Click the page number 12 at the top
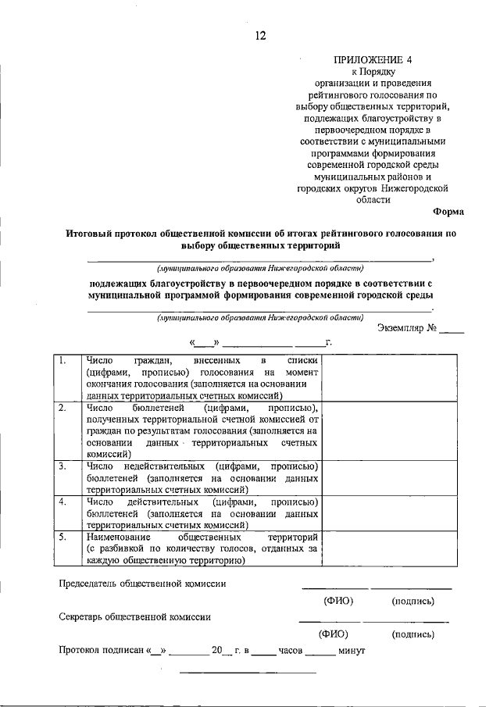point(261,35)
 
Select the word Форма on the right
point(448,212)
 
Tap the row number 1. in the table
point(62,361)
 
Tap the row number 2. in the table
point(62,408)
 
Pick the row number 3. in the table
point(62,466)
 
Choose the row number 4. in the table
point(62,502)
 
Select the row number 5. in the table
point(62,537)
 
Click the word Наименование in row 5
point(118,537)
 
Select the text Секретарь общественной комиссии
point(135,616)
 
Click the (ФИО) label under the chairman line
point(338,602)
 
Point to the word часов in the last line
point(291,650)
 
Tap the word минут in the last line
point(348,650)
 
